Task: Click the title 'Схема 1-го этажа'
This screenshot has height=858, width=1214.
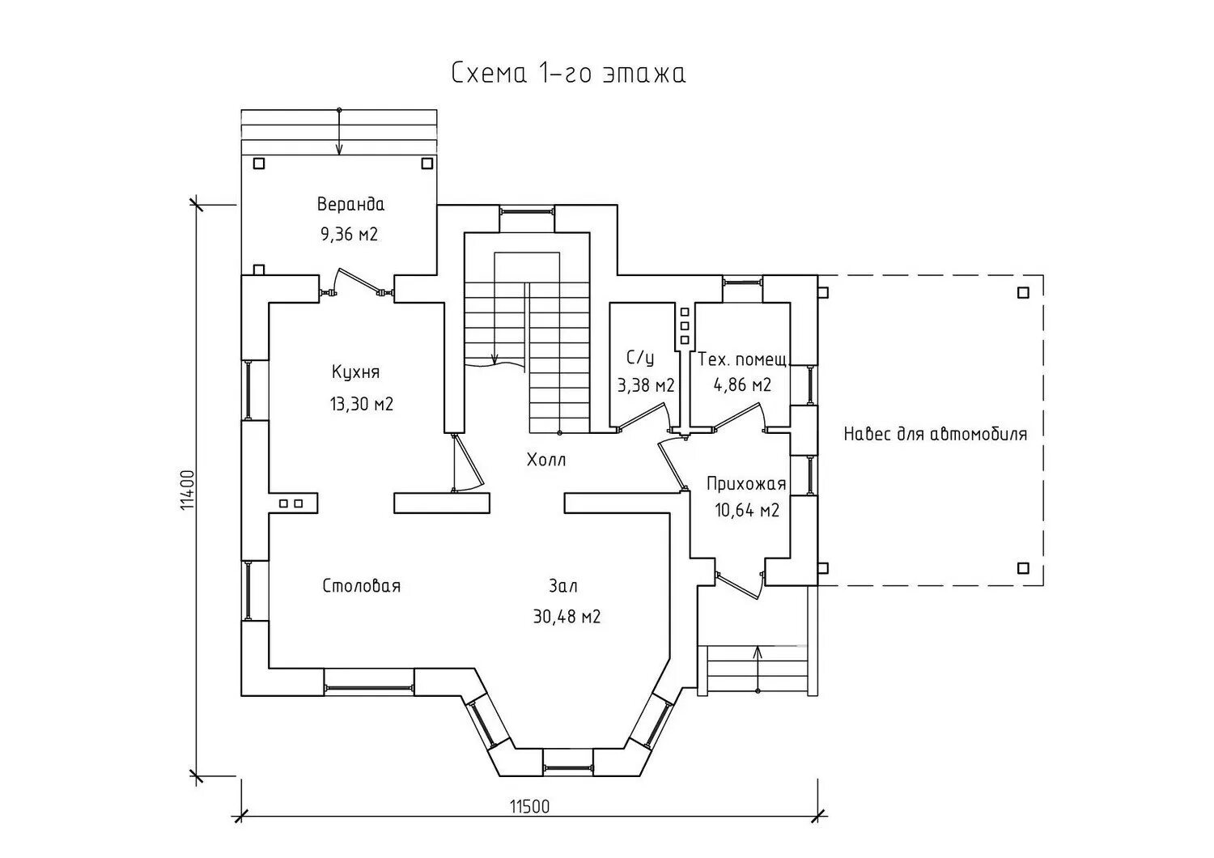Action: click(x=568, y=74)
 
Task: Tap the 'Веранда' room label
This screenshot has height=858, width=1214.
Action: click(x=350, y=204)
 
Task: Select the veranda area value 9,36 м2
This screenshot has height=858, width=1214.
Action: click(x=349, y=235)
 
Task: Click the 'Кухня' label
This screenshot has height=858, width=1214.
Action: click(x=355, y=372)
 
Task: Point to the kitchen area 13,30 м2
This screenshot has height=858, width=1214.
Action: click(x=362, y=404)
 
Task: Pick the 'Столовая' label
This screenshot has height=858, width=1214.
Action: click(x=362, y=586)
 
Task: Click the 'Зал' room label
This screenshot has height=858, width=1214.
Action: click(x=563, y=586)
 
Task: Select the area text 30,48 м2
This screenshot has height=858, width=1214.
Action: click(x=567, y=617)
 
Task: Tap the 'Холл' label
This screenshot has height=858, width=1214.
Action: click(x=546, y=461)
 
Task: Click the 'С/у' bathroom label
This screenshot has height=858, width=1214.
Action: click(x=640, y=358)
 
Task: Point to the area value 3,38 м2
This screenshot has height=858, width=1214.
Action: click(x=646, y=385)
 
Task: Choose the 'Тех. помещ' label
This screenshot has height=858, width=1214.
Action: click(x=742, y=359)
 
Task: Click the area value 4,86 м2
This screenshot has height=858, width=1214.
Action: click(x=742, y=385)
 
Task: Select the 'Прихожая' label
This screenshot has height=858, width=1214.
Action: click(x=746, y=484)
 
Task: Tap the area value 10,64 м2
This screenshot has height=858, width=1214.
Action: click(x=747, y=511)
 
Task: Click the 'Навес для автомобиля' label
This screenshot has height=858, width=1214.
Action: click(x=936, y=434)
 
